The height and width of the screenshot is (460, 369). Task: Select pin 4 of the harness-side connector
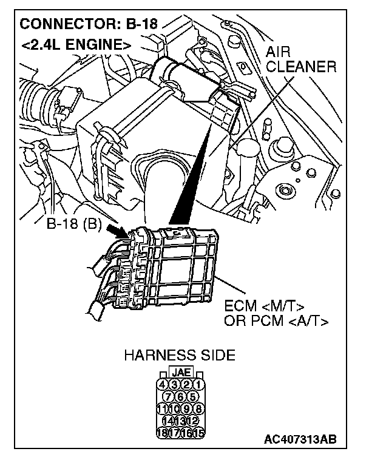point(161,384)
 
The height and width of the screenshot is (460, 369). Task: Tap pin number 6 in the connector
point(180,396)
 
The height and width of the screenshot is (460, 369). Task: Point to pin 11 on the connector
point(161,408)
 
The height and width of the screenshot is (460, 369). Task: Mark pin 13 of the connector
point(180,421)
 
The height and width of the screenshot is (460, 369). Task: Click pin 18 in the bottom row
point(161,433)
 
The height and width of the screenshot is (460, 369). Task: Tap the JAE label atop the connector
point(180,371)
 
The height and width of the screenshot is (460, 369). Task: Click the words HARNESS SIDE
point(179,355)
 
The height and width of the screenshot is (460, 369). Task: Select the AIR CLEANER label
point(300,59)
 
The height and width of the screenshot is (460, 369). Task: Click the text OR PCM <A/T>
point(277,320)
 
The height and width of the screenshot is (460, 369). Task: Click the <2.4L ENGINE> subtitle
point(75,44)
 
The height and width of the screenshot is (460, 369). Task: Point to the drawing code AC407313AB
point(300,439)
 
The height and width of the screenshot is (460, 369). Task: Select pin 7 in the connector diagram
point(168,396)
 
